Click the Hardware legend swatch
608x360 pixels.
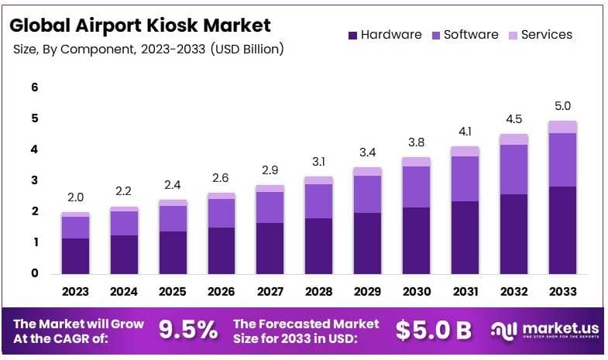[x=353, y=35]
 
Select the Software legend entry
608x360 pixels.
[x=469, y=35]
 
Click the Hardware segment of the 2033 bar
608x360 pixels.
[x=562, y=230]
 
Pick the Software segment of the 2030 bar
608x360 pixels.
[x=417, y=187]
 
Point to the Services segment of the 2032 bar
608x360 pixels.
[x=514, y=139]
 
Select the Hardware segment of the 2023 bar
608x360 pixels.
[x=75, y=255]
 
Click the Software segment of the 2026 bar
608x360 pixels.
[x=222, y=213]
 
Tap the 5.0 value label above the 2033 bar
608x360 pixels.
[x=562, y=106]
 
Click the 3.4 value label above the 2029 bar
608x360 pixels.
[x=368, y=152]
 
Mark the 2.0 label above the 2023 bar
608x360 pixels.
[x=75, y=197]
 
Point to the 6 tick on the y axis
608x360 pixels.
[x=34, y=87]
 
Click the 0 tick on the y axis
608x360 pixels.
[x=34, y=273]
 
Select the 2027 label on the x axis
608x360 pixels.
[x=270, y=292]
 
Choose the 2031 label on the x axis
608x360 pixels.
[x=465, y=292]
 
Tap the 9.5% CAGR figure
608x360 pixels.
[x=188, y=330]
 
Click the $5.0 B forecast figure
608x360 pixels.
[x=433, y=330]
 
